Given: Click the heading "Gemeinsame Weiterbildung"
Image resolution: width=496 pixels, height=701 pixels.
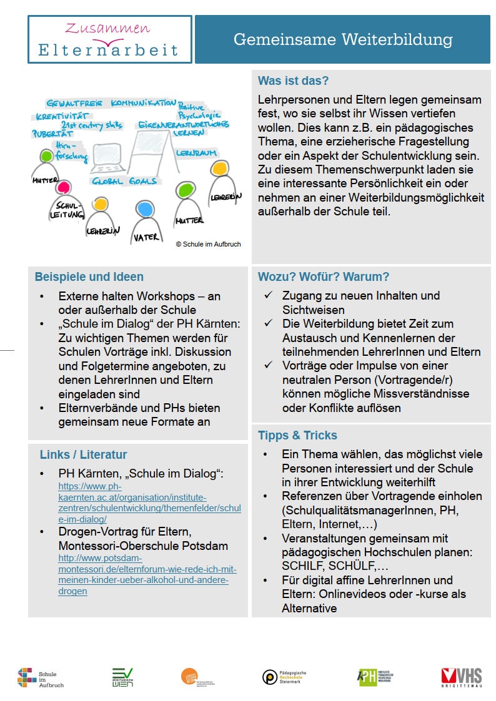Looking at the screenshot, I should click(342, 40).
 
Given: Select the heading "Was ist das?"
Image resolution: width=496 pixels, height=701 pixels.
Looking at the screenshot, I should click(293, 81).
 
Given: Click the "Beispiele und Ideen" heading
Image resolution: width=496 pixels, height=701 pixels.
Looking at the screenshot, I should click(89, 277).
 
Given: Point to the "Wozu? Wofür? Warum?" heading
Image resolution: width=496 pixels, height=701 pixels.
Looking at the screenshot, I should click(323, 277).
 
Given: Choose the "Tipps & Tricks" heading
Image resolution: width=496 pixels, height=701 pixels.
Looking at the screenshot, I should click(297, 435).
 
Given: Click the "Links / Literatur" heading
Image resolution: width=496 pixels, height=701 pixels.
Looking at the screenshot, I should click(83, 454).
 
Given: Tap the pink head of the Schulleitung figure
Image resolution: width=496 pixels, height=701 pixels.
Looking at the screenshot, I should click(63, 187).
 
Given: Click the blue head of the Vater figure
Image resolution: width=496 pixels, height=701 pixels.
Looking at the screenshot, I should click(145, 208).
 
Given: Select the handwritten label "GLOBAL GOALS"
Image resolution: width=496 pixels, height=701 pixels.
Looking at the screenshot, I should click(124, 181).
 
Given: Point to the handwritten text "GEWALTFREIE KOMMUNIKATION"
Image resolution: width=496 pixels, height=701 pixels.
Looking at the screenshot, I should click(111, 103).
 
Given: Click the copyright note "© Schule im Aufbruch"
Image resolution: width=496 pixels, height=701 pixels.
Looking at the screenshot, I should click(208, 244).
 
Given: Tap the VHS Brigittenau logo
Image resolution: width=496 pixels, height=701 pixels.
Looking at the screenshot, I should click(461, 677).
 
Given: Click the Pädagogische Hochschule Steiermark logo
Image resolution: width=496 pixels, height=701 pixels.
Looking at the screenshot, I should click(284, 677).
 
